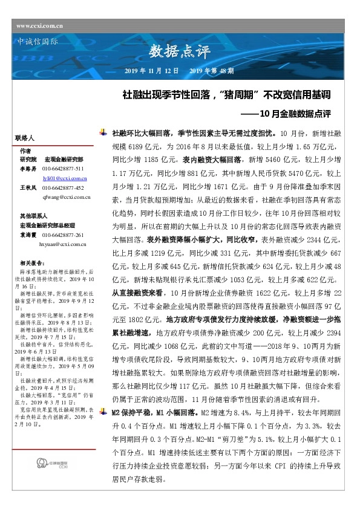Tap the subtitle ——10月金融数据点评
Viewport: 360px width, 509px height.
296,112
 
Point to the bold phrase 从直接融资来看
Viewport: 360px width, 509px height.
136,291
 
